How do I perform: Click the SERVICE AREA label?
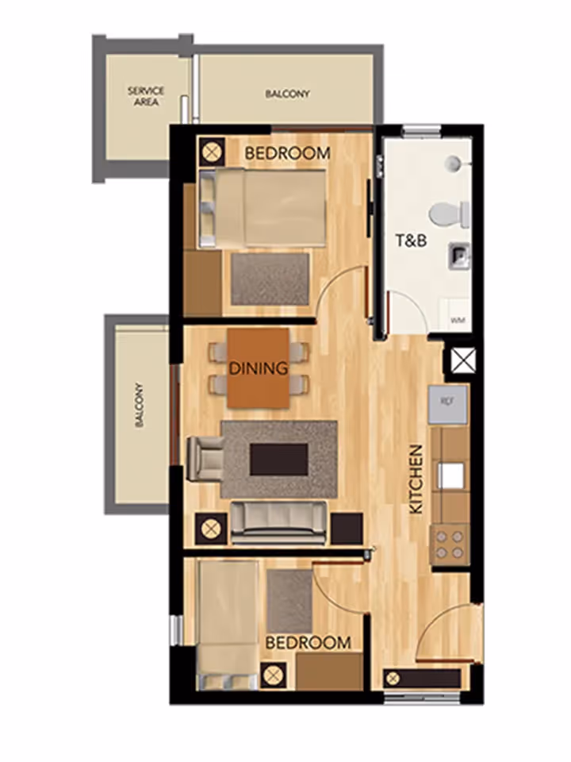click(x=145, y=96)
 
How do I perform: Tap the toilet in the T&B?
click(x=449, y=213)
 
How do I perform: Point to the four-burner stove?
click(x=449, y=544)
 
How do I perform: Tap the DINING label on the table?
click(x=259, y=368)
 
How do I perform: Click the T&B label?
click(x=412, y=239)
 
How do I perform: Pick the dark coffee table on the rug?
click(x=278, y=459)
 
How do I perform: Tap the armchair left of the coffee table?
click(x=203, y=459)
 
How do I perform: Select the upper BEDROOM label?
click(x=286, y=153)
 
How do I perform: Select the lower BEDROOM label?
click(x=308, y=642)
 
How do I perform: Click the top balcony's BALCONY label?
click(x=287, y=94)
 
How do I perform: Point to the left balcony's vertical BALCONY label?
click(x=140, y=406)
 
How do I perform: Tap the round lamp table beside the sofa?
click(x=211, y=528)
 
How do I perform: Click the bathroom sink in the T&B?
click(x=459, y=256)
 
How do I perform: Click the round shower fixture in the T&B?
click(x=453, y=163)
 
